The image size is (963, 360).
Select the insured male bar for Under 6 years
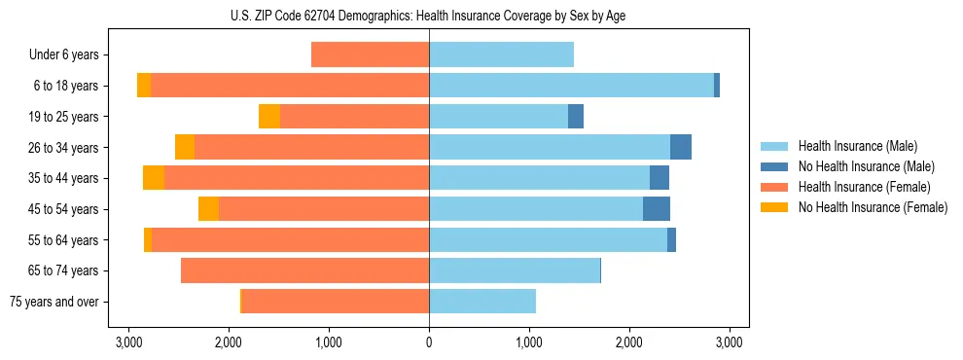pos(501,54)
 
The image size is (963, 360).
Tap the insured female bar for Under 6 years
pos(370,54)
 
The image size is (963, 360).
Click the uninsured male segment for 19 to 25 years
pos(576,117)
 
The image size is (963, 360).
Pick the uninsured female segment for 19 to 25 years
pos(269,117)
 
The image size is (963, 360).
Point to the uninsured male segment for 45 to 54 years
pos(657,209)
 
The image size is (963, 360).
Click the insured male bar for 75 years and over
pos(482,302)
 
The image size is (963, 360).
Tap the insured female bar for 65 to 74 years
pos(305,270)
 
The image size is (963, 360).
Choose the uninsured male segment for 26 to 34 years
pos(681,147)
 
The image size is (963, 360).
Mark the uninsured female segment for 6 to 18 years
pos(144,86)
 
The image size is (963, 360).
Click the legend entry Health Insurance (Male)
pos(857,146)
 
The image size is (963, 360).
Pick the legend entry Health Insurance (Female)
pos(863,187)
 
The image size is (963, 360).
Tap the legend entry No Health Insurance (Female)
pos(872,207)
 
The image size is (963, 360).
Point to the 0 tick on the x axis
pos(429,342)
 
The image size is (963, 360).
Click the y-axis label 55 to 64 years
pos(63,240)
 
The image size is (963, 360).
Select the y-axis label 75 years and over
pos(53,302)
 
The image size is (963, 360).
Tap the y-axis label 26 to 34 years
pos(63,148)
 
